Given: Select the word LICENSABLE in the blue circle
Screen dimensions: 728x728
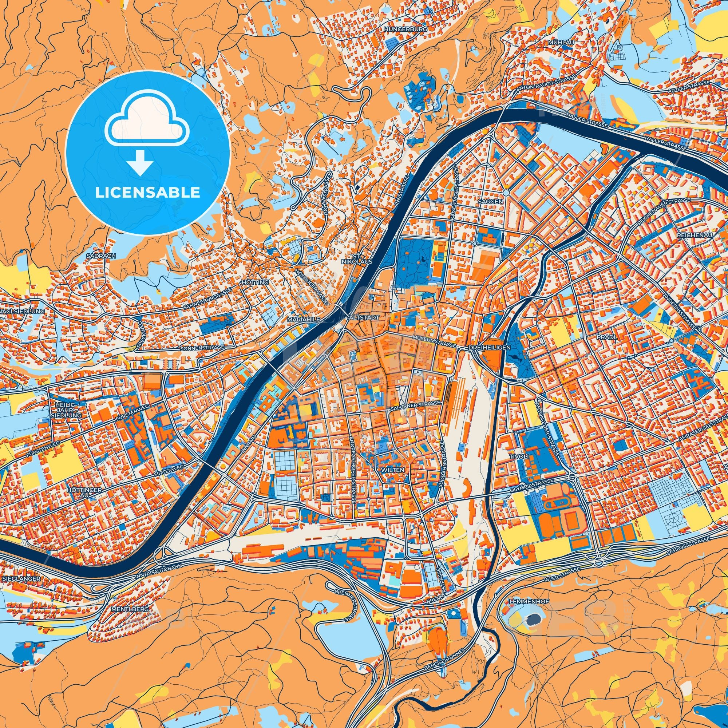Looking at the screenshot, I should click(x=148, y=193).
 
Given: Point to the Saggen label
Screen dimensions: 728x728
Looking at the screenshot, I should click(x=490, y=202).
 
